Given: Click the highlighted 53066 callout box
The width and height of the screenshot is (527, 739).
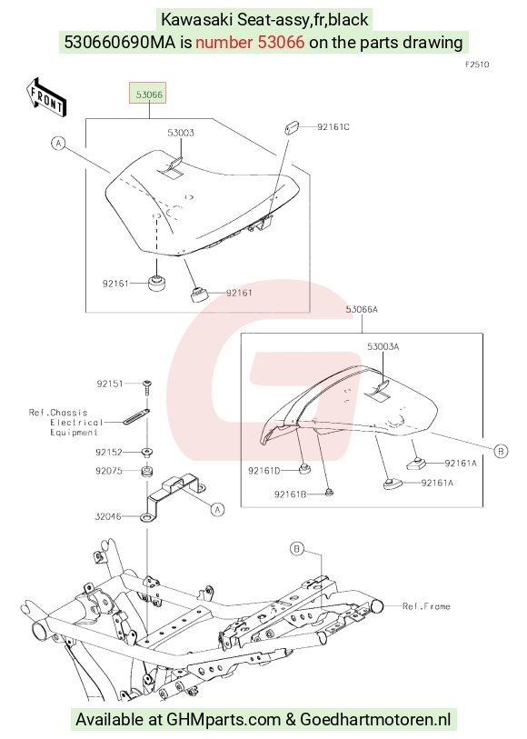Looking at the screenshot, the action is click(148, 95).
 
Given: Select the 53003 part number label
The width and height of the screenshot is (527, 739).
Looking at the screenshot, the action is click(181, 133).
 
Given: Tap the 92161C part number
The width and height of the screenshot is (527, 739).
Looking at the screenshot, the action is click(333, 126).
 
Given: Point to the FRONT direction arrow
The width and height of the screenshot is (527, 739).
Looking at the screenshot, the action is click(46, 97).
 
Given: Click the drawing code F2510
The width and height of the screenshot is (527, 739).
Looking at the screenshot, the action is click(477, 65).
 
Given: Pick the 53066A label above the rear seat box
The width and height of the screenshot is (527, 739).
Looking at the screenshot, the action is click(362, 309).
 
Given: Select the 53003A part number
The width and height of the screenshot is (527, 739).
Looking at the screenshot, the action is click(383, 346).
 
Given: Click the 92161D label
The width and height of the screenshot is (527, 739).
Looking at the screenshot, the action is click(264, 470).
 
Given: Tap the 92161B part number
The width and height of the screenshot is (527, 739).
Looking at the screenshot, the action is click(290, 494).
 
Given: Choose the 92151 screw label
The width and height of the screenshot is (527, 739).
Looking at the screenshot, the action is click(110, 384).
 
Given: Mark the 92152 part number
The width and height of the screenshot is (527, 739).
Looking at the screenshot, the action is click(109, 453).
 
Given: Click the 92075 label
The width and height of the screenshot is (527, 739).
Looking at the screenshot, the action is click(109, 471).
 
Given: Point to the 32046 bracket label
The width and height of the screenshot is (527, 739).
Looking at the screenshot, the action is click(108, 516).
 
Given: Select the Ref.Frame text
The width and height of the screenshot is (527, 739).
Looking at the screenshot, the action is click(426, 606).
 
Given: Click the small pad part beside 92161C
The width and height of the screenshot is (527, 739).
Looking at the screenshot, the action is click(292, 127).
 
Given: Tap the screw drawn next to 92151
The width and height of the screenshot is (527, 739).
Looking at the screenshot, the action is click(147, 386).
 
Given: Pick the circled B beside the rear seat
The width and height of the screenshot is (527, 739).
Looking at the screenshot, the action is click(501, 451).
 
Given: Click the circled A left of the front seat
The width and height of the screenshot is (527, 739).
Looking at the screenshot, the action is click(58, 143).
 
